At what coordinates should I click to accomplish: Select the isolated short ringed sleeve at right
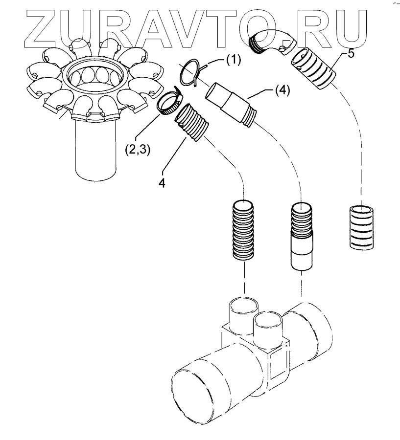(x=361, y=227)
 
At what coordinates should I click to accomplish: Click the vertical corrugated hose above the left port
(x=243, y=229)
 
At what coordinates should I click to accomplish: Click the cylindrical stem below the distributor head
(x=96, y=152)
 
